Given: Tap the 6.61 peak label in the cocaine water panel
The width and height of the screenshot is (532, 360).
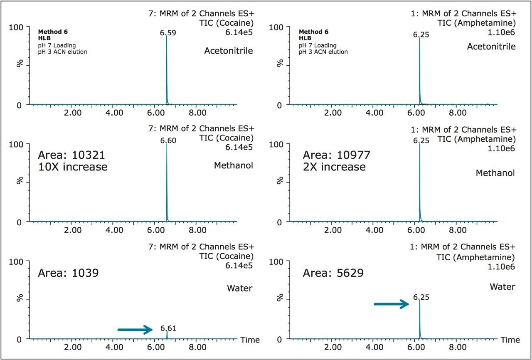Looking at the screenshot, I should (x=168, y=328).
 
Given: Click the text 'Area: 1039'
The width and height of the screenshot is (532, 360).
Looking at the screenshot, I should (x=67, y=273).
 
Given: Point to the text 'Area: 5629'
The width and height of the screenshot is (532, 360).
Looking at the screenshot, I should (x=333, y=273).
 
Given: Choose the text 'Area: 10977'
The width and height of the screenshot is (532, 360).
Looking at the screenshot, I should (x=336, y=155).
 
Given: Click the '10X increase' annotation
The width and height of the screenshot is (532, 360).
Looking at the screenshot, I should (x=73, y=167).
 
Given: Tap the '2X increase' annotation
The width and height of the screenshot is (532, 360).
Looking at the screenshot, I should (x=334, y=167).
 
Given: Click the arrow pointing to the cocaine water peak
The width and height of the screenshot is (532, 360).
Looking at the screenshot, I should (x=135, y=330).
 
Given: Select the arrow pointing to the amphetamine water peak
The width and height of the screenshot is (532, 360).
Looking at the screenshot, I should (x=392, y=304).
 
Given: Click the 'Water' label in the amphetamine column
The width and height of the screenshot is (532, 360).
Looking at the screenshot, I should (x=502, y=287).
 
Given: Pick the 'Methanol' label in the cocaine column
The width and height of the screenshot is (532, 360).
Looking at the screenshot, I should (x=233, y=165).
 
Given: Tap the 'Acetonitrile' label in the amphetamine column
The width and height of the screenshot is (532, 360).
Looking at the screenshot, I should (x=491, y=47).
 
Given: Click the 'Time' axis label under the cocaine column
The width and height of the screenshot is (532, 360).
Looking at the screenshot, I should (x=250, y=340).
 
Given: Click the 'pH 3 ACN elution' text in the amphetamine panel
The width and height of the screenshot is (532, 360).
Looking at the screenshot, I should (x=323, y=52).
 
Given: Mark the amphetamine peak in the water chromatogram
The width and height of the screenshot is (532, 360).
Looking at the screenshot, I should (x=420, y=320).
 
